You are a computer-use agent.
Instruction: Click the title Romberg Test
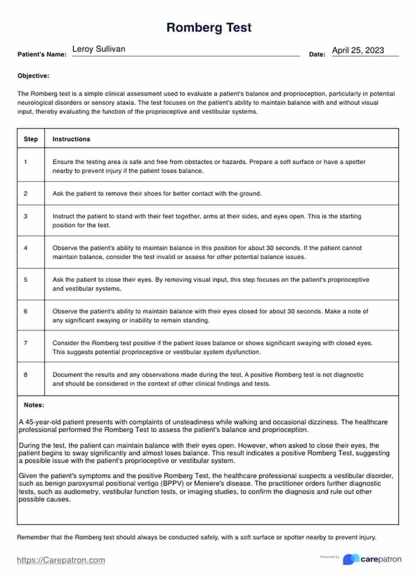(x=209, y=27)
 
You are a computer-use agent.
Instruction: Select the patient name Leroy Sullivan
(x=98, y=49)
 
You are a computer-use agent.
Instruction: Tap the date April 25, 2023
(x=358, y=50)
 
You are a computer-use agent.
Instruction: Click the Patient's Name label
(x=42, y=54)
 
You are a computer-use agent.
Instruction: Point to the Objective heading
(x=33, y=76)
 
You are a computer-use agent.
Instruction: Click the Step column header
(x=31, y=139)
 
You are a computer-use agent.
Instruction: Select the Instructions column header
(x=71, y=139)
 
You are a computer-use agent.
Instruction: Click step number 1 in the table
(x=26, y=162)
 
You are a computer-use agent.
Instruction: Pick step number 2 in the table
(x=26, y=194)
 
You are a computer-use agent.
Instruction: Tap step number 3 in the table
(x=26, y=216)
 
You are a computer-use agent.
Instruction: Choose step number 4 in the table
(x=26, y=248)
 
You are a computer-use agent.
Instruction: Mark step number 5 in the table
(x=26, y=280)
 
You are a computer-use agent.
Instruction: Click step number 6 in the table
(x=26, y=311)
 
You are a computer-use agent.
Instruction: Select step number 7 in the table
(x=26, y=343)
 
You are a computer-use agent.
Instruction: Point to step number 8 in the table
(x=26, y=375)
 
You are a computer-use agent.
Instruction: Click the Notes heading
(x=34, y=405)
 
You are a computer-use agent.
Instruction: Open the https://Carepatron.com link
(x=61, y=560)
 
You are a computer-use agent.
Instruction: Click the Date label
(x=317, y=54)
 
